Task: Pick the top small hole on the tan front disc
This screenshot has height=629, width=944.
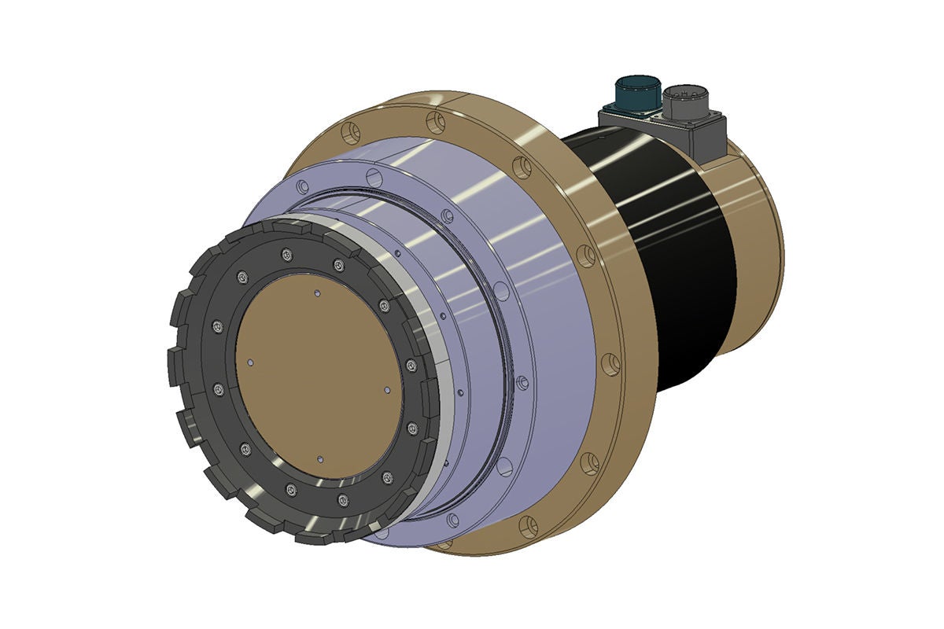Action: (317, 293)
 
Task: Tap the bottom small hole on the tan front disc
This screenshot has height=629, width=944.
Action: (319, 458)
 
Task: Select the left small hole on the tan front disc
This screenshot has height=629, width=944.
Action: (250, 363)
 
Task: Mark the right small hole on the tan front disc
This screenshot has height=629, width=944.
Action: (387, 388)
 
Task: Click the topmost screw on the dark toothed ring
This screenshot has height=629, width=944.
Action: (286, 252)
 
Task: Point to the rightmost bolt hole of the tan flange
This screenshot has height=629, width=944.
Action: (610, 364)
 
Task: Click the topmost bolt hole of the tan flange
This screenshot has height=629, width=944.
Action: (436, 122)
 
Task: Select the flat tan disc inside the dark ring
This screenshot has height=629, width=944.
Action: (319, 376)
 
